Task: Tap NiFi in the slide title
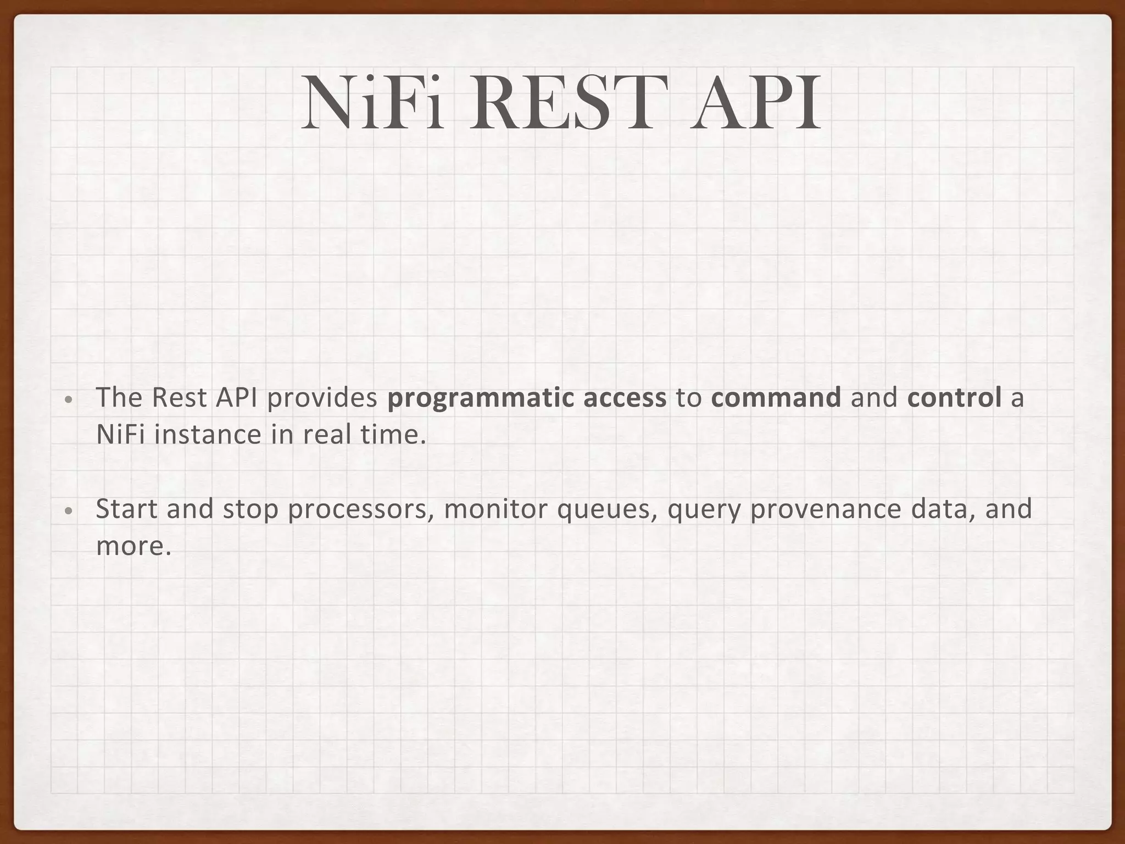(372, 103)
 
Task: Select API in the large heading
(756, 103)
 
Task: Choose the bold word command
(776, 397)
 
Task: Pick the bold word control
(955, 397)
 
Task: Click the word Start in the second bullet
(127, 509)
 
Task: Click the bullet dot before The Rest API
(67, 400)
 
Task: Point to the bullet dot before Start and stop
(67, 511)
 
